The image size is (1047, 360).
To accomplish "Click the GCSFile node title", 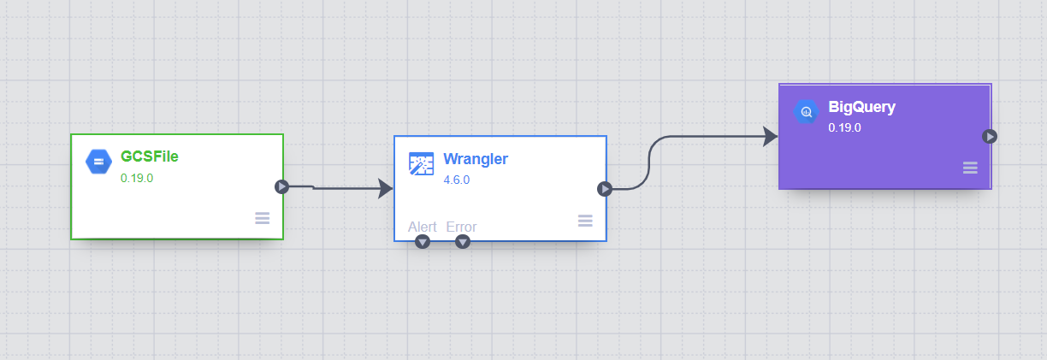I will (x=150, y=156).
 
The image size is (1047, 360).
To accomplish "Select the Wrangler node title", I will (x=476, y=159).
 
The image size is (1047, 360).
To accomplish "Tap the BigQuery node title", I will (x=862, y=108).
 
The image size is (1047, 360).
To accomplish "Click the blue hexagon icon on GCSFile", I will (x=98, y=161).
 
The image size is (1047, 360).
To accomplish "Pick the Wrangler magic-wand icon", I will (x=421, y=164).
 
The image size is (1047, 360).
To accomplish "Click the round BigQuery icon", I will (x=806, y=112).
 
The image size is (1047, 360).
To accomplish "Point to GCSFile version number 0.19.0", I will (x=137, y=179).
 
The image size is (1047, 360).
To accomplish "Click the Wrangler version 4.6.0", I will (x=457, y=180).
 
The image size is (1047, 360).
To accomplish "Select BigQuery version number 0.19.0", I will (x=844, y=128).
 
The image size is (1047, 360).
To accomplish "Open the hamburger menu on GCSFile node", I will (x=263, y=218).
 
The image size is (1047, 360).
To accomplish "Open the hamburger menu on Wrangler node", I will (x=585, y=221).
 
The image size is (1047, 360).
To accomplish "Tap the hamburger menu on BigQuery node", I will (x=970, y=168).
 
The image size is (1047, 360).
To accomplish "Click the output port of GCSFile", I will (x=281, y=186).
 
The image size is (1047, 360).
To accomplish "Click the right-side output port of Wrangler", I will (x=605, y=189).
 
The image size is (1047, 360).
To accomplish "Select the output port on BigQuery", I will (x=990, y=136).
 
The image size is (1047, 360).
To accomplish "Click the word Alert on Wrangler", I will (x=423, y=227).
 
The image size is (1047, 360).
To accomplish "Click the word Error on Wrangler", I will (x=461, y=227).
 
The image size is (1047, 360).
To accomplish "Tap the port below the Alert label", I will (x=422, y=242).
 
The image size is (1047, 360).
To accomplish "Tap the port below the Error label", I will (x=463, y=242).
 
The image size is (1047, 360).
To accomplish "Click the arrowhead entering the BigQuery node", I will (x=770, y=136).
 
